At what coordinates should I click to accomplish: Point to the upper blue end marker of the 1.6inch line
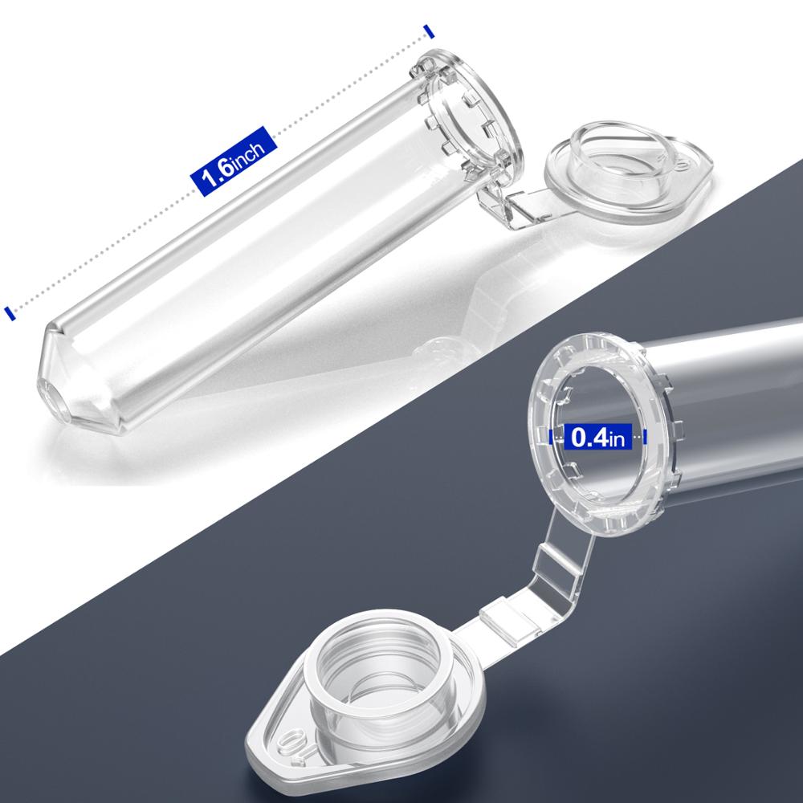coord(430,31)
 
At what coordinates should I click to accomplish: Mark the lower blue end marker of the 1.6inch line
coord(9,312)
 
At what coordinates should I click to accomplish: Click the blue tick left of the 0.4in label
coord(552,438)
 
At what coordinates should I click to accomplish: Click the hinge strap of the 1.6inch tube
coord(514,206)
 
